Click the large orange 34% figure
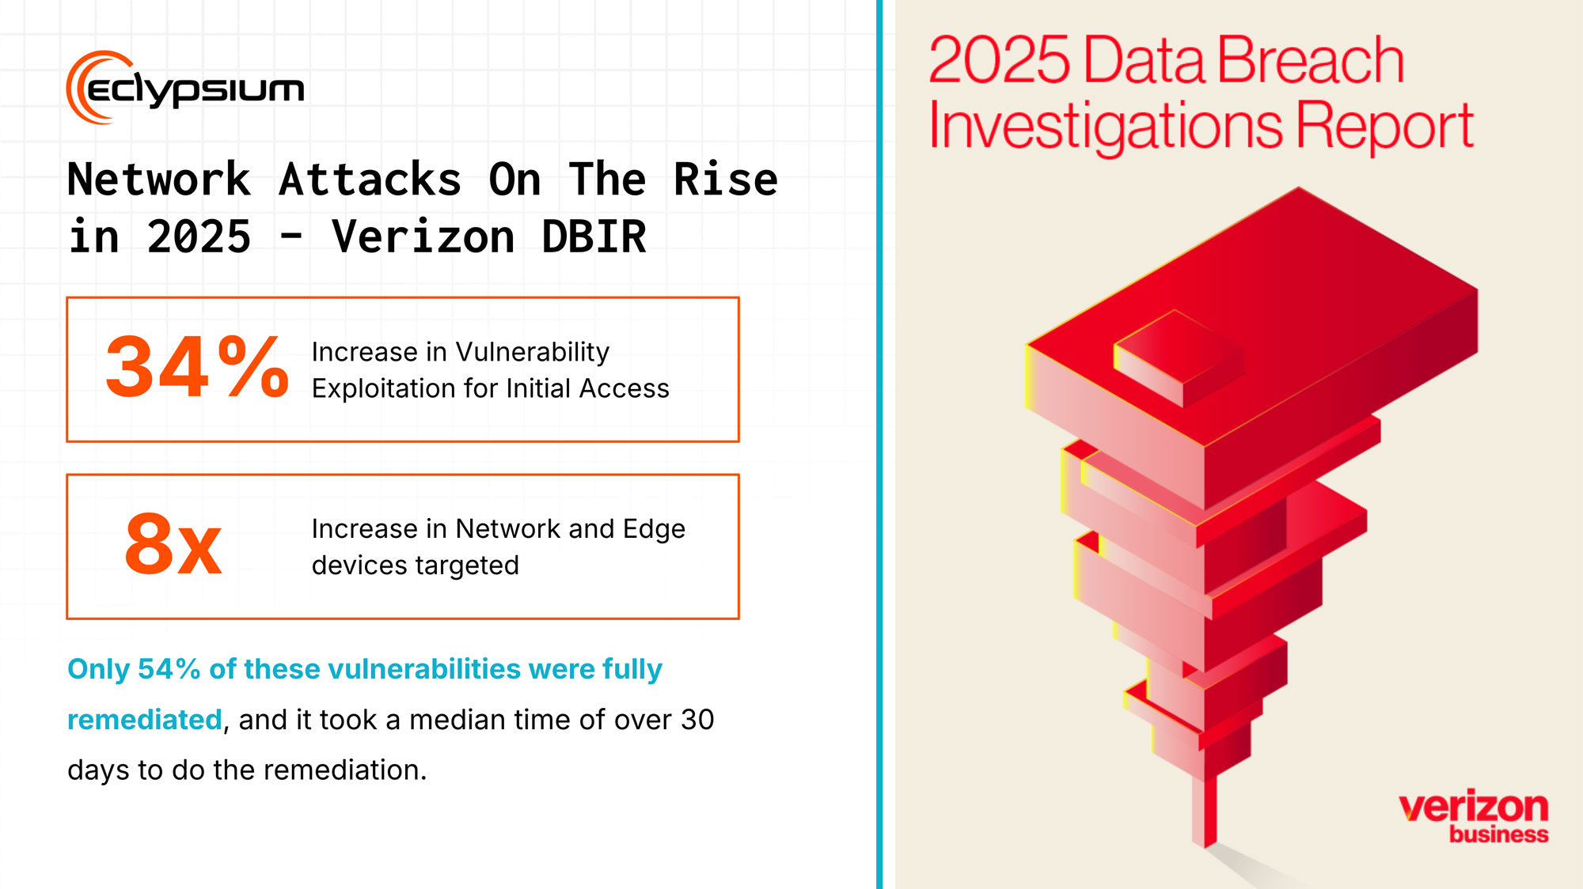[x=197, y=367]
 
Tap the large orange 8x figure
[x=173, y=544]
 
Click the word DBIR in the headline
[x=594, y=236]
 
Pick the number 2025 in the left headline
[x=199, y=236]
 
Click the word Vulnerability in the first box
[x=533, y=352]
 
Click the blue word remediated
[x=145, y=720]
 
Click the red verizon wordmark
[x=1474, y=808]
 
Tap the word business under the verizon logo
[x=1499, y=834]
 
